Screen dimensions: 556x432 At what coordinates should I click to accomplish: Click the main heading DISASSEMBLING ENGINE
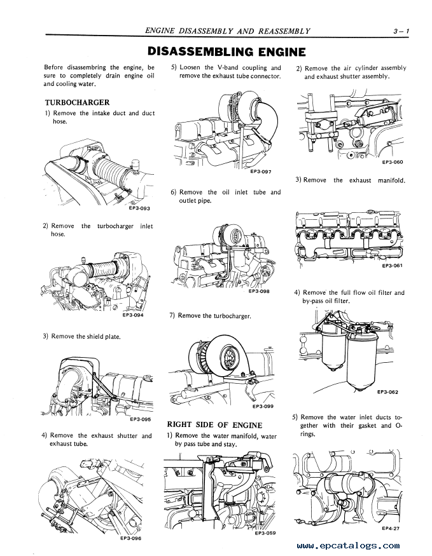tap(226, 51)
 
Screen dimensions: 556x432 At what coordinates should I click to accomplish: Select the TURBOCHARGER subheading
tap(77, 102)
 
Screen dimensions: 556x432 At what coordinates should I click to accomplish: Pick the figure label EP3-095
tap(139, 419)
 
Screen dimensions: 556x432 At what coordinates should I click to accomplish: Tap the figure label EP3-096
tap(130, 538)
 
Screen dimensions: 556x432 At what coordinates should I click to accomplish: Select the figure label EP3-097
tap(261, 171)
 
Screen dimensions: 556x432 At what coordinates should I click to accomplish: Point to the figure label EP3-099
tap(263, 406)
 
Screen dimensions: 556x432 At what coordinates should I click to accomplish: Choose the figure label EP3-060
tap(393, 162)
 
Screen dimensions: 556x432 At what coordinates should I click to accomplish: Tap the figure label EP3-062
tap(387, 392)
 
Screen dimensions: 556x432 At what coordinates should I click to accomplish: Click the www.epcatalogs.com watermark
tap(347, 545)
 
